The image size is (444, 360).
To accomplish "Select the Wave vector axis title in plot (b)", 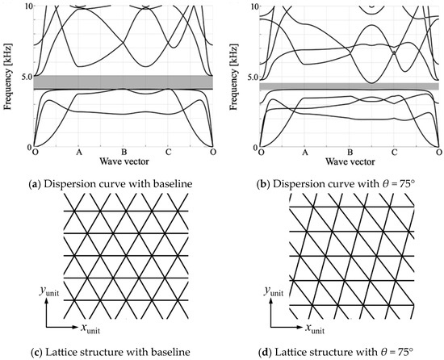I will [349, 160].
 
